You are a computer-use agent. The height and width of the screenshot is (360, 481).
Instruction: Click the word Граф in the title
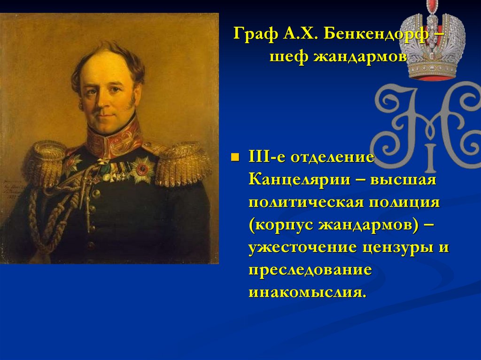coord(254,35)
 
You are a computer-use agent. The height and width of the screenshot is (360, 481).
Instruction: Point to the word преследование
coord(310,270)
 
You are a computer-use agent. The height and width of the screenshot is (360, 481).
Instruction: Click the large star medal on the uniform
coord(142,169)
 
